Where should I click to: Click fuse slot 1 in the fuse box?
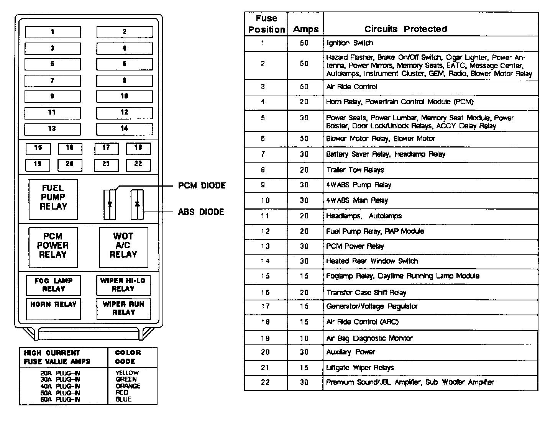tap(53, 32)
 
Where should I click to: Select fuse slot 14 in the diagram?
tap(124, 129)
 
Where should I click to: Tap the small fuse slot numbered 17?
tap(106, 148)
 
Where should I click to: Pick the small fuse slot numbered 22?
tap(138, 165)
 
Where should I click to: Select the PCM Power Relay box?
tap(53, 247)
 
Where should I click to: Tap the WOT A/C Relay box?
tap(123, 247)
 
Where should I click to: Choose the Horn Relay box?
tap(53, 308)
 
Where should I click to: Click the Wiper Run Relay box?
tap(123, 308)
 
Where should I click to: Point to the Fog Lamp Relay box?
tap(53, 285)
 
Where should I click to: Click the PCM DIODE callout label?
tap(202, 186)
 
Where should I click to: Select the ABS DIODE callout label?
tap(201, 212)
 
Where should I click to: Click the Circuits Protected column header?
tap(405, 29)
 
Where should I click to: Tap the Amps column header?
tap(305, 29)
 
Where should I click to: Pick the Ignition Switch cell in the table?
tap(350, 43)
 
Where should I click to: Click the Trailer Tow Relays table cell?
tap(355, 170)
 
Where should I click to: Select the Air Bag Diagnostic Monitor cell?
tap(369, 338)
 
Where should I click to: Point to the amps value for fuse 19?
tap(304, 338)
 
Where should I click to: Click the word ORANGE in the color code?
tap(128, 386)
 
